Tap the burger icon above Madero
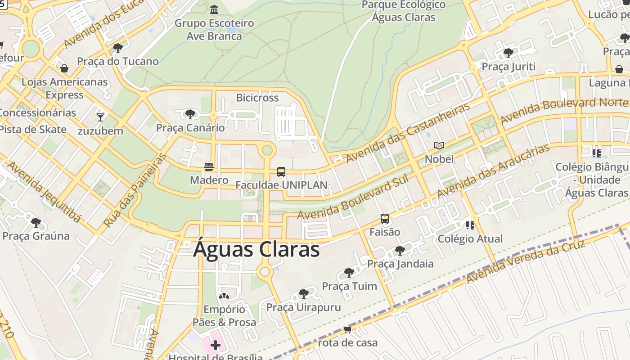[208, 167]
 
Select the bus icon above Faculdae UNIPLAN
[281, 172]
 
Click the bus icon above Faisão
[385, 219]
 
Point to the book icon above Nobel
[439, 145]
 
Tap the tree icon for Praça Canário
[190, 114]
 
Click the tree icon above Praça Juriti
[508, 53]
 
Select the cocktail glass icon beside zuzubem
[100, 117]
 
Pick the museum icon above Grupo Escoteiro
[214, 9]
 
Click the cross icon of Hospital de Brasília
[216, 346]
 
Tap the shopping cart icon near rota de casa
[347, 330]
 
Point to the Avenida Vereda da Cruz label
[525, 262]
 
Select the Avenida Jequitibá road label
[44, 192]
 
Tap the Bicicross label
[257, 98]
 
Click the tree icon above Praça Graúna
[36, 222]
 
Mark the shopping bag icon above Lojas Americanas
[64, 68]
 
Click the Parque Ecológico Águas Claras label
[404, 11]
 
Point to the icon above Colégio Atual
[470, 225]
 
